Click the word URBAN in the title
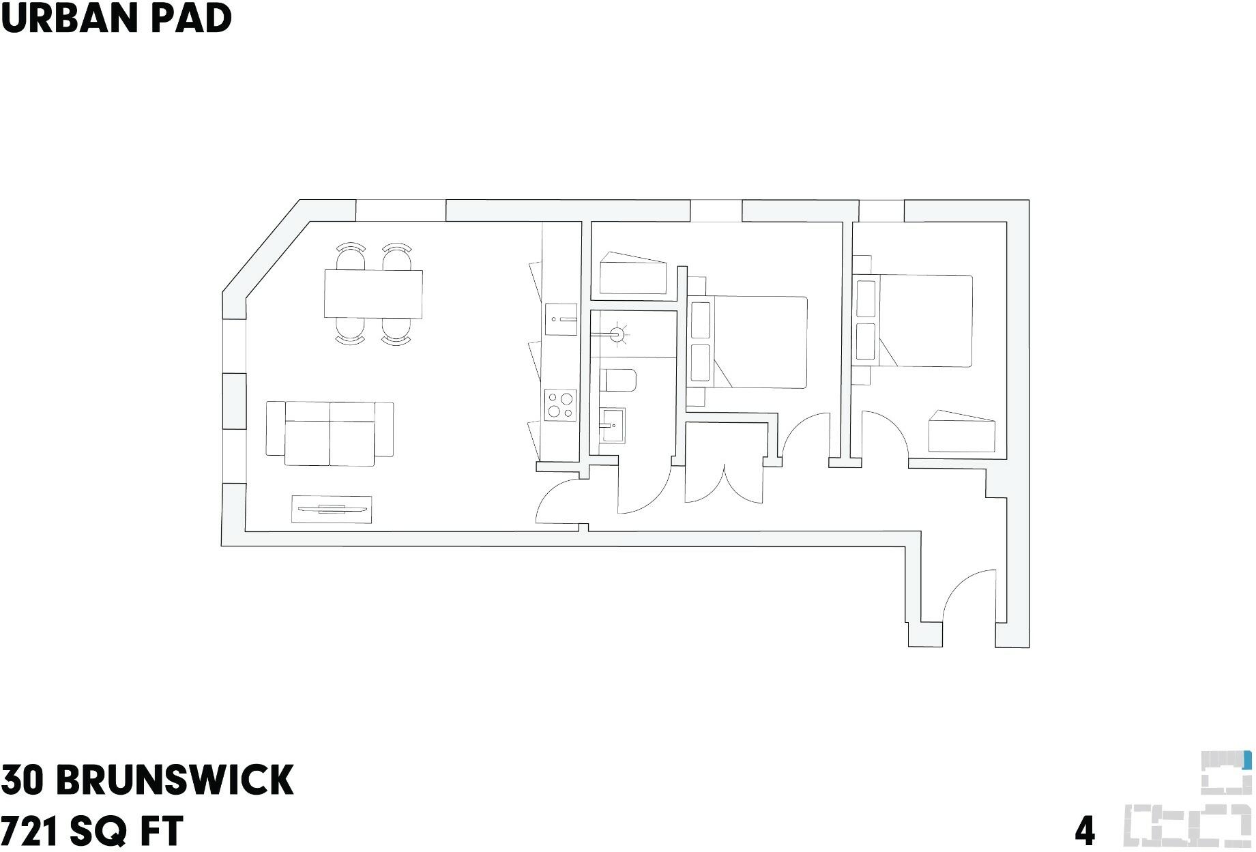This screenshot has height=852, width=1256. point(66,18)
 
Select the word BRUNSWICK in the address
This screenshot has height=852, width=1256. point(175,780)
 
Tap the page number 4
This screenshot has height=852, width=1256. point(1085,831)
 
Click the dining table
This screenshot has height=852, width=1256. point(373,294)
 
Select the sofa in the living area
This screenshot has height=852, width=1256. point(330,433)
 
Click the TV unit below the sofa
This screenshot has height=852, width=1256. point(332,509)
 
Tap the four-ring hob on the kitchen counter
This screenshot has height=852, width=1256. point(559,405)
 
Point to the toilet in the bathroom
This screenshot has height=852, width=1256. point(618,381)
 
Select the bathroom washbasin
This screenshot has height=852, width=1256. point(613,426)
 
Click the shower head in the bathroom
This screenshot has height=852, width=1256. point(617,335)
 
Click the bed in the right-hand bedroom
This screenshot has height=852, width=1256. point(914,321)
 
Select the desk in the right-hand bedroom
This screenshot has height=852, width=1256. point(962,432)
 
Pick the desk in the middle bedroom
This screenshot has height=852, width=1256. point(633,274)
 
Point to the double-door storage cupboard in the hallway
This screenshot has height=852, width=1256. point(724,463)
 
